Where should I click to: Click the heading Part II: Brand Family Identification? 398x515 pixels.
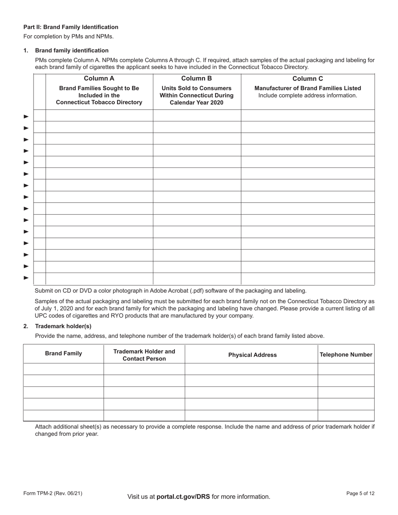pyautogui.click(x=71, y=27)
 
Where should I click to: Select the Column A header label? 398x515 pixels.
pyautogui.click(x=99, y=78)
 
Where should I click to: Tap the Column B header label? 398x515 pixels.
pyautogui.click(x=196, y=78)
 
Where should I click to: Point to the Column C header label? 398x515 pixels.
pyautogui.click(x=308, y=78)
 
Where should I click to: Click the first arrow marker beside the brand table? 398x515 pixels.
pyautogui.click(x=26, y=116)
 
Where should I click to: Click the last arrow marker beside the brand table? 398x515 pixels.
pyautogui.click(x=26, y=278)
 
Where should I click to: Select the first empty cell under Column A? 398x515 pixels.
pyautogui.click(x=99, y=116)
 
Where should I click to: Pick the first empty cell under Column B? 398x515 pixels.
pyautogui.click(x=196, y=116)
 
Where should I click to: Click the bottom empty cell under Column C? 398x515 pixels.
pyautogui.click(x=308, y=278)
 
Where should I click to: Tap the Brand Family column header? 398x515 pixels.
pyautogui.click(x=63, y=354)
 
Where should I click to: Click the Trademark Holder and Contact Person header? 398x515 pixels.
pyautogui.click(x=144, y=355)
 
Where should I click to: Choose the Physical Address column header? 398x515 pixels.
pyautogui.click(x=252, y=355)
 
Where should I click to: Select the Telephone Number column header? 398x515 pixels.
pyautogui.click(x=346, y=355)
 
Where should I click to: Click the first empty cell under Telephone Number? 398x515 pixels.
pyautogui.click(x=346, y=369)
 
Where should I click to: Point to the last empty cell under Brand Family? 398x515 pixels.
pyautogui.click(x=63, y=415)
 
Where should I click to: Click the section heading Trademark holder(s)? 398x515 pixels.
pyautogui.click(x=63, y=326)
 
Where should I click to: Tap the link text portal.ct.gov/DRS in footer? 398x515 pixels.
pyautogui.click(x=183, y=497)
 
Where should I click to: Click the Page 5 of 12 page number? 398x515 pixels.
pyautogui.click(x=360, y=494)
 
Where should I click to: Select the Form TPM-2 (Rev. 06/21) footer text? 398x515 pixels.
pyautogui.click(x=53, y=494)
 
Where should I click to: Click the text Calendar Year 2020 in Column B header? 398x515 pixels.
pyautogui.click(x=196, y=103)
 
